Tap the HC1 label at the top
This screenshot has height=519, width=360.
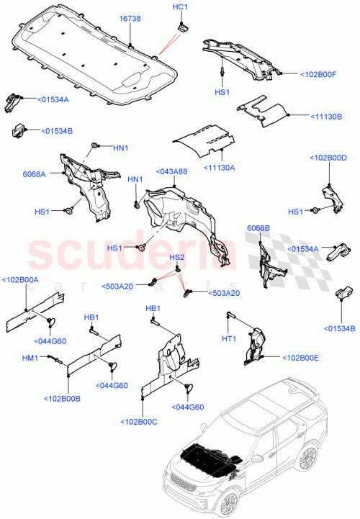[x=180, y=7]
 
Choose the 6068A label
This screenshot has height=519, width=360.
[x=34, y=174]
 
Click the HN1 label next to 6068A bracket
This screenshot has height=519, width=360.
[x=120, y=148]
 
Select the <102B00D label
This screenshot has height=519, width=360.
[x=328, y=158]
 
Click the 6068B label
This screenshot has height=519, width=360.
[x=258, y=228]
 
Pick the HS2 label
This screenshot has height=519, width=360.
[x=177, y=258]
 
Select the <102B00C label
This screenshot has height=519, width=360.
[x=144, y=422]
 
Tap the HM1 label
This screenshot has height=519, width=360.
[x=31, y=358]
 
